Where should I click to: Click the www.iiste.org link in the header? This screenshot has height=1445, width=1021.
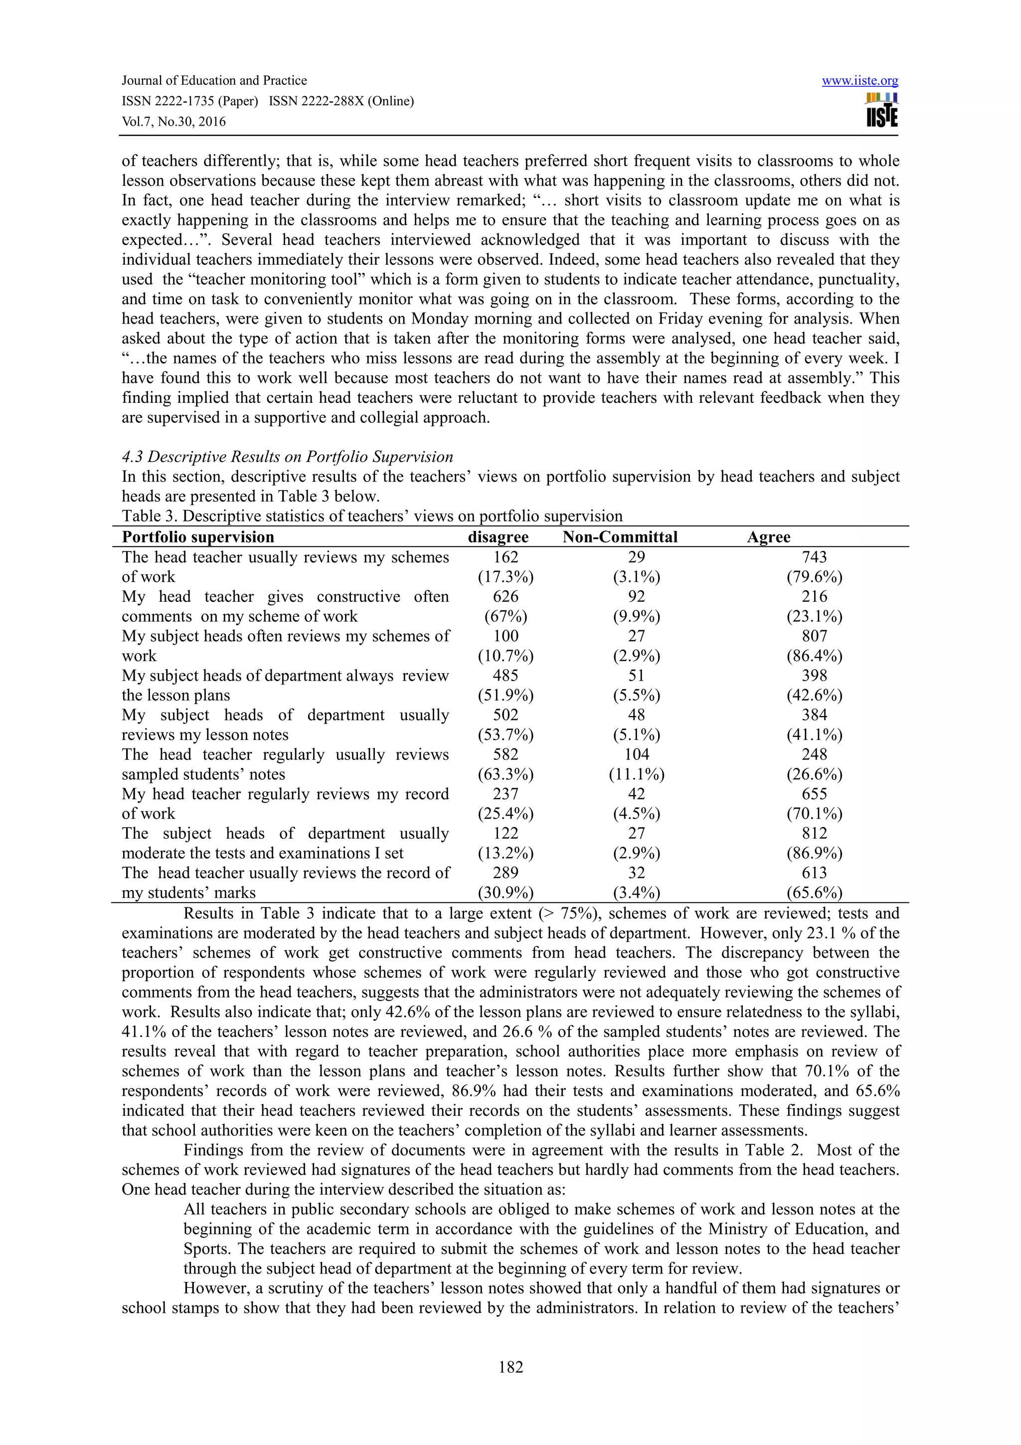pos(859,81)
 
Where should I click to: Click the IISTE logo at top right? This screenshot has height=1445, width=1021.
pos(881,111)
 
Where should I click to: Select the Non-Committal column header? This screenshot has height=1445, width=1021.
pos(620,537)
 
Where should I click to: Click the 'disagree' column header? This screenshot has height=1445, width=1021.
pos(498,537)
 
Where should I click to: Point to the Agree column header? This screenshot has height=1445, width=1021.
pos(768,537)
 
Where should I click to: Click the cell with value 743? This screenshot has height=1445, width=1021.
pos(814,557)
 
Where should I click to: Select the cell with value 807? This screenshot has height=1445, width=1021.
pos(814,636)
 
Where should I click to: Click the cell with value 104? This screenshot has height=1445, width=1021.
pos(636,754)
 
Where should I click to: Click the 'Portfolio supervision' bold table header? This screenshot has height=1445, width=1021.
pos(198,537)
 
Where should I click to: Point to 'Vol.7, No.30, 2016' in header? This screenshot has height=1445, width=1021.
pos(173,122)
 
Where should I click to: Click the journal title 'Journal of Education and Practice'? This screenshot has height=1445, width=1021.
pos(214,81)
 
